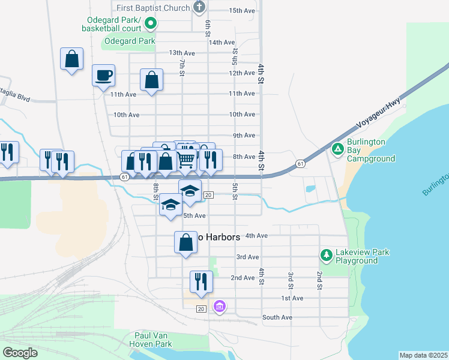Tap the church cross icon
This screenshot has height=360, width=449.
coord(200,8)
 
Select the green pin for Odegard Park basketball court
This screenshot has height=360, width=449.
coord(151,24)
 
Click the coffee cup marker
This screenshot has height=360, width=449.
coord(103,75)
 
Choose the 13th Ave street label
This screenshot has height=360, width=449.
coord(182,53)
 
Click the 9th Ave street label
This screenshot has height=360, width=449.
coord(244,136)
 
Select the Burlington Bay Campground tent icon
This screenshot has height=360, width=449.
coord(338,148)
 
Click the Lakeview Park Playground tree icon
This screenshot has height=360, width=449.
coord(327,255)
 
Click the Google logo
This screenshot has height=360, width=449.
coord(20,352)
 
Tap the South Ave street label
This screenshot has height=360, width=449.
coord(277,317)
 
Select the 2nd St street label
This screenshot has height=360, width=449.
coord(319,279)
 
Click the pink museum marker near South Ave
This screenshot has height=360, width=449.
coord(220,307)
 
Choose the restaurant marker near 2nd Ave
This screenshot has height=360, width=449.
coord(200,281)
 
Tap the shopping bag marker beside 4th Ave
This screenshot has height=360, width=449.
coord(185,242)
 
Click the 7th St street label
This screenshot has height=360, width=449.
coord(181,67)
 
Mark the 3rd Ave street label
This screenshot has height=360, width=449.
coord(247,257)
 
